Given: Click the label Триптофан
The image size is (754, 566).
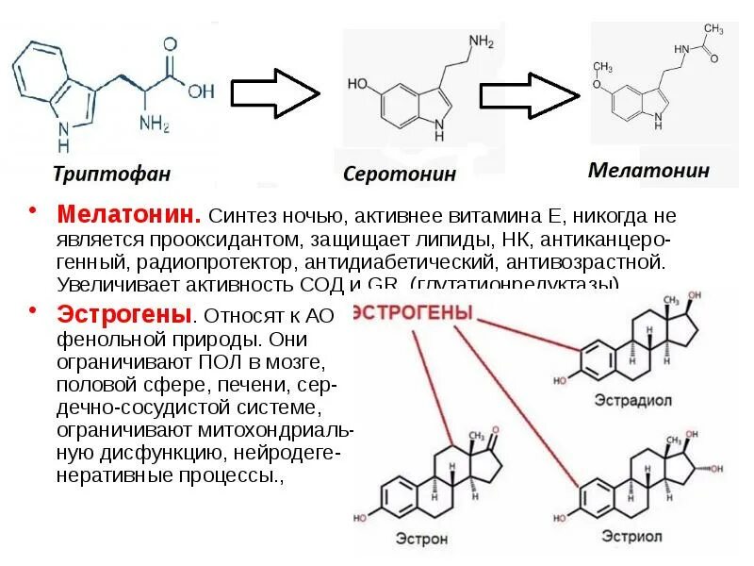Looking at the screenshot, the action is (110, 174).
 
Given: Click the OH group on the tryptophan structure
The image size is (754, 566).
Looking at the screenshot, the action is (201, 92).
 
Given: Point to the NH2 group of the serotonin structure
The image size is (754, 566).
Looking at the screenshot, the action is (481, 42).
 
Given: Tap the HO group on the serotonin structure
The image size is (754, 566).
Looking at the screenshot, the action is (358, 83).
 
